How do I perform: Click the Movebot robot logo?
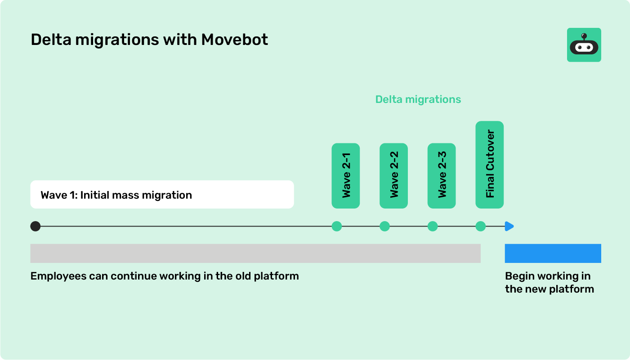[x=584, y=45]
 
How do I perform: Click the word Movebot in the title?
[x=234, y=40]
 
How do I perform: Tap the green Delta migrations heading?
[x=418, y=99]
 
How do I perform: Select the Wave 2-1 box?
[x=345, y=176]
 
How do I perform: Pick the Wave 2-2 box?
[x=393, y=176]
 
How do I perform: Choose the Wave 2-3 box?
[x=441, y=176]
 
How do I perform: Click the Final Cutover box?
[x=489, y=164]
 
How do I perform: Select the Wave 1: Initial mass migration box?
[x=162, y=195]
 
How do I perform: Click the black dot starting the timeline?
[x=36, y=226]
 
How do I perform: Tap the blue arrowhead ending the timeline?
[x=509, y=226]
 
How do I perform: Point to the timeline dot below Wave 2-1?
[x=337, y=226]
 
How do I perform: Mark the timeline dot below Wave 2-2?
[x=384, y=226]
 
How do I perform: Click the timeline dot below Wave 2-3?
[x=433, y=226]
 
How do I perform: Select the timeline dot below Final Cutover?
[x=480, y=226]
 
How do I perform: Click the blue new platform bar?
[x=553, y=253]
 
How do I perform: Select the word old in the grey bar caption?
[x=243, y=276]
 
